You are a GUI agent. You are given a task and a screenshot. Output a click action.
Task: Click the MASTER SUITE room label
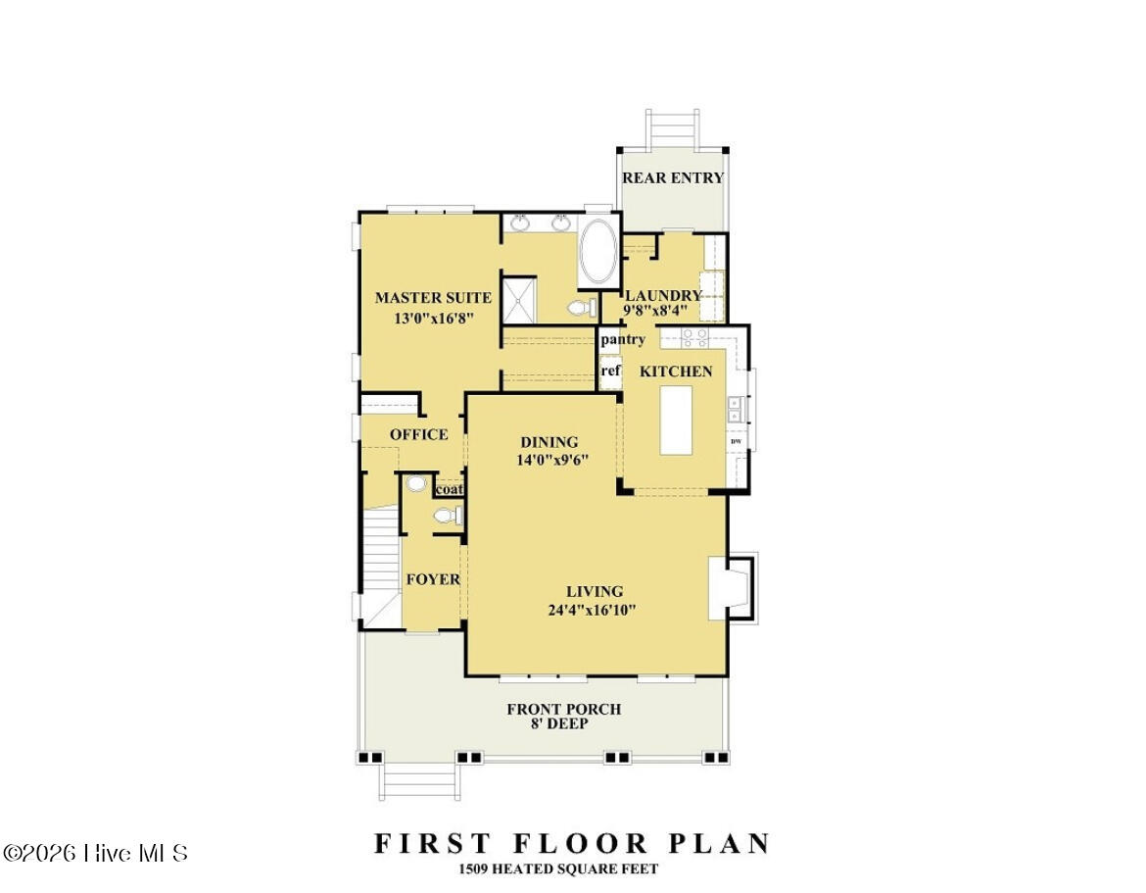433,298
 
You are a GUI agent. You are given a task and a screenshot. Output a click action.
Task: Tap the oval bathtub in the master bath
597,251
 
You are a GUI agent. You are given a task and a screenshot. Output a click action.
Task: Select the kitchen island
676,420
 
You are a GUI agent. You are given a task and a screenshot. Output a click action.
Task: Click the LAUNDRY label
663,295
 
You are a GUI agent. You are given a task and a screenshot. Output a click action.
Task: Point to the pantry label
623,339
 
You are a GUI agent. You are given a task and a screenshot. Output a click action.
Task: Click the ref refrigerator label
610,371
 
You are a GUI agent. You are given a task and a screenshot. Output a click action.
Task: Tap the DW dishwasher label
736,441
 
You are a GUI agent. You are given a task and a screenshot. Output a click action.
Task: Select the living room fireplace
731,587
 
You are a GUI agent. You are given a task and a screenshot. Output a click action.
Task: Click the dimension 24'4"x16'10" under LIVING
592,610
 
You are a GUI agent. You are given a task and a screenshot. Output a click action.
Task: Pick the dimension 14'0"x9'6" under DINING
552,460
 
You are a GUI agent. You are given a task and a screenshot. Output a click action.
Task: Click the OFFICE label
419,434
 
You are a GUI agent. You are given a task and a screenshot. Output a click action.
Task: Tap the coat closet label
450,489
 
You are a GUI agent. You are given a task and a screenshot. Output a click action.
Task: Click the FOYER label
433,579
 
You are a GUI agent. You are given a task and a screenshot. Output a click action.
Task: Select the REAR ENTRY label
673,177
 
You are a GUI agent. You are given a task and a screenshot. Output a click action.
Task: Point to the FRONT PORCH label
564,709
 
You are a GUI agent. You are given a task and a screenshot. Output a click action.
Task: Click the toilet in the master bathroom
582,308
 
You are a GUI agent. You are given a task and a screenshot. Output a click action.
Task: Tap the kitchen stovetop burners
695,337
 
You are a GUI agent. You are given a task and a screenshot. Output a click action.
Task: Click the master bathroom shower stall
520,299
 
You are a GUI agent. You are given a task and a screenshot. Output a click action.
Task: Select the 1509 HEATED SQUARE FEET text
558,868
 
